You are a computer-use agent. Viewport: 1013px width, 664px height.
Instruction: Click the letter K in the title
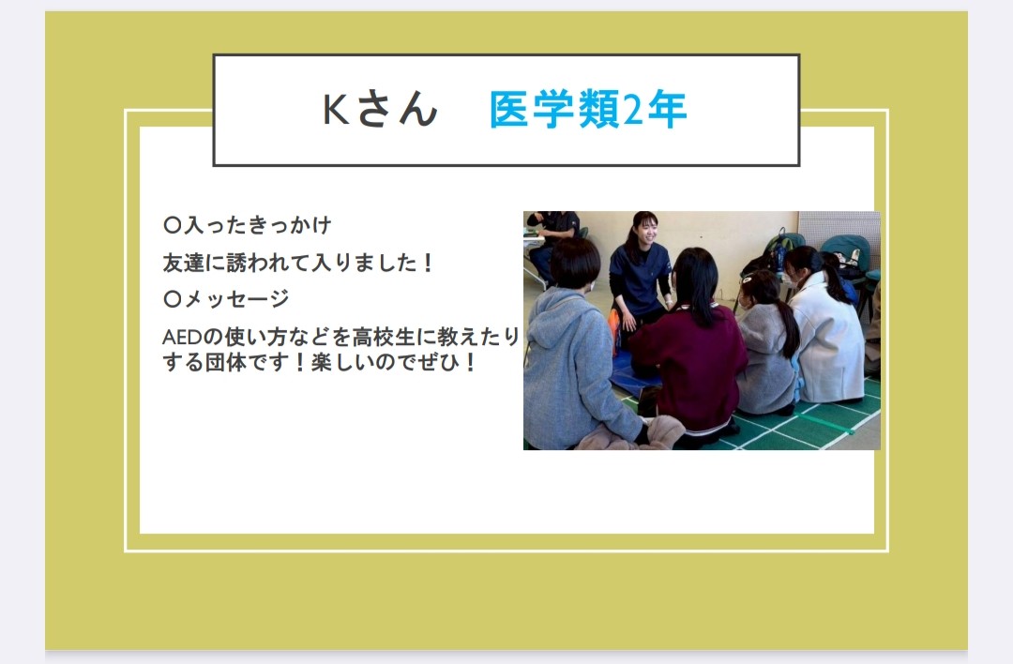336,109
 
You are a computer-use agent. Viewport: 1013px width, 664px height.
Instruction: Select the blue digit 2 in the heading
633,109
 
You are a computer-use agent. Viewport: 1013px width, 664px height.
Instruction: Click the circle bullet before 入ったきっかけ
172,225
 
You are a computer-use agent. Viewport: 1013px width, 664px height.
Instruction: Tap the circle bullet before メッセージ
172,298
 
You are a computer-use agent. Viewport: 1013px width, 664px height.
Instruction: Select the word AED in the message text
182,338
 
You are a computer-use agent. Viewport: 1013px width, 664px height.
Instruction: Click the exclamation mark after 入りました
427,263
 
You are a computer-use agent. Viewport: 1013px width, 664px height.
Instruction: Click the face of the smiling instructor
644,232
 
